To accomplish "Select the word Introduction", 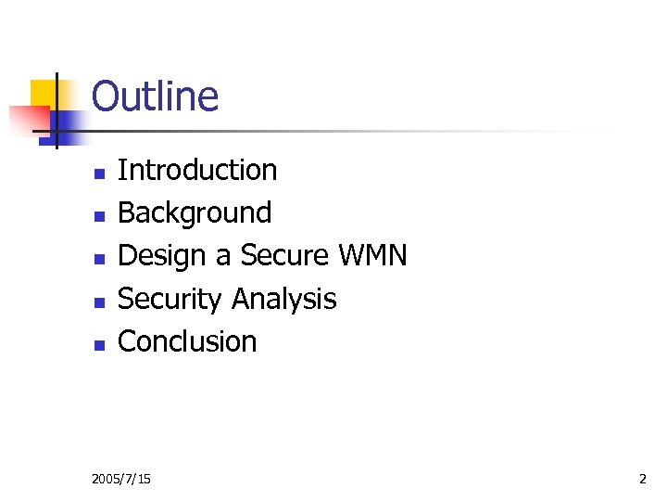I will [197, 171].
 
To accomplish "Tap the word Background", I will [195, 213].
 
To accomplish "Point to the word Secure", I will [283, 256].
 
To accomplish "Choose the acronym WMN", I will [373, 256].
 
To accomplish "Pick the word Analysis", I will [283, 299].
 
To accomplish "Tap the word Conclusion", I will [187, 341].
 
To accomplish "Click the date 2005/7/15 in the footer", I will [122, 479].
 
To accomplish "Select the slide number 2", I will [642, 479].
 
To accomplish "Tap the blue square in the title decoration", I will [70, 123].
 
